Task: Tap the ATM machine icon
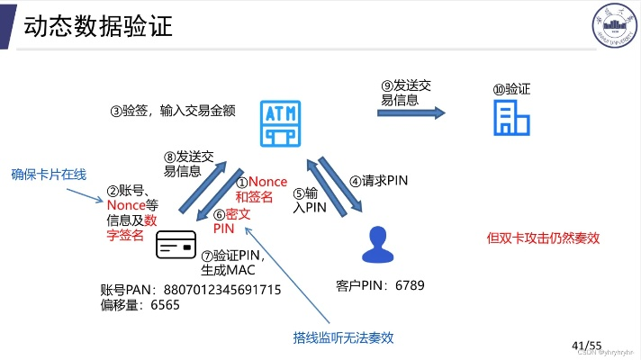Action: click(x=280, y=123)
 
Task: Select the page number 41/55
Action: click(x=586, y=345)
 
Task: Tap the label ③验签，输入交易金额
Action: click(x=173, y=111)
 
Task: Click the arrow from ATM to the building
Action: click(x=411, y=112)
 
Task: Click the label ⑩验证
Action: click(x=510, y=89)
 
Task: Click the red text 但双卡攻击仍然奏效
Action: click(x=542, y=238)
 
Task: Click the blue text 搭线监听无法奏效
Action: click(x=343, y=337)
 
